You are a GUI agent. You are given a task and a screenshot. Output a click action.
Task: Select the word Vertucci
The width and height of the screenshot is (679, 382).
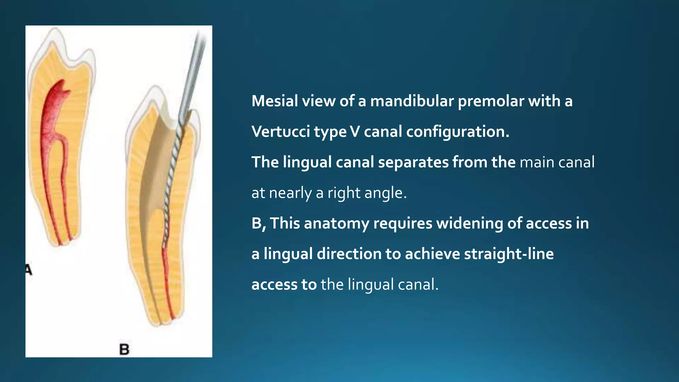(280, 132)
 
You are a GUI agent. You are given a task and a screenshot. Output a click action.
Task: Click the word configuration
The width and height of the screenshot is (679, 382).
(458, 132)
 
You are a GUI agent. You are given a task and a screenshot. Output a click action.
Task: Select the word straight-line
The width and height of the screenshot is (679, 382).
(509, 254)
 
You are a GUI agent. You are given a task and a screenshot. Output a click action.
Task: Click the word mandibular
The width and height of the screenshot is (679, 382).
(412, 101)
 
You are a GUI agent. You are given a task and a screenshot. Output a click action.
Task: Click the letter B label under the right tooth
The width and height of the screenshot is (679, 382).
(124, 349)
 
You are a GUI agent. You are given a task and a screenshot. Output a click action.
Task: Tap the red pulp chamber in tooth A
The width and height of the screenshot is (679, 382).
(56, 99)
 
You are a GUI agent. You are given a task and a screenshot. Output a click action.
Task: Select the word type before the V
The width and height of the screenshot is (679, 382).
(330, 132)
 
